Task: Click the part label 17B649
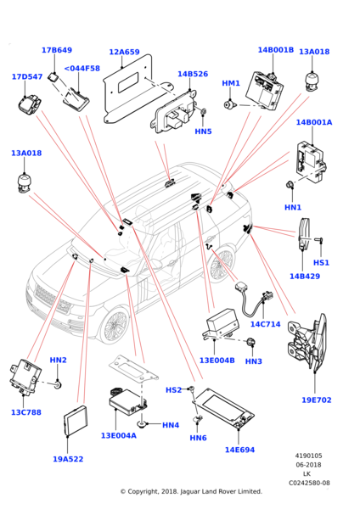click(x=57, y=50)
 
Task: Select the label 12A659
click(x=124, y=52)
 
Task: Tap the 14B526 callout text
click(x=193, y=74)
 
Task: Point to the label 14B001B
click(x=276, y=50)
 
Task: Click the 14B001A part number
click(x=314, y=122)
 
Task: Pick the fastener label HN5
click(x=203, y=131)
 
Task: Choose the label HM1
click(x=231, y=83)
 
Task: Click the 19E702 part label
click(x=317, y=400)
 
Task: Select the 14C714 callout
click(x=265, y=324)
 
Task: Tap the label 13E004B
click(x=217, y=361)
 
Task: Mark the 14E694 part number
click(x=239, y=450)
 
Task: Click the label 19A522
click(x=68, y=459)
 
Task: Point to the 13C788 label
click(x=26, y=412)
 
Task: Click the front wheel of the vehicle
click(x=115, y=325)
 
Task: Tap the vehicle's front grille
click(x=52, y=299)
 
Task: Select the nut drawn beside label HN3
click(x=251, y=342)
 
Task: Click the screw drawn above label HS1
click(x=318, y=240)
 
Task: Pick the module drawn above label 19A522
click(x=75, y=421)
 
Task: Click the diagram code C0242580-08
click(x=309, y=483)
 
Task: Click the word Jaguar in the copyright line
click(x=189, y=491)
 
